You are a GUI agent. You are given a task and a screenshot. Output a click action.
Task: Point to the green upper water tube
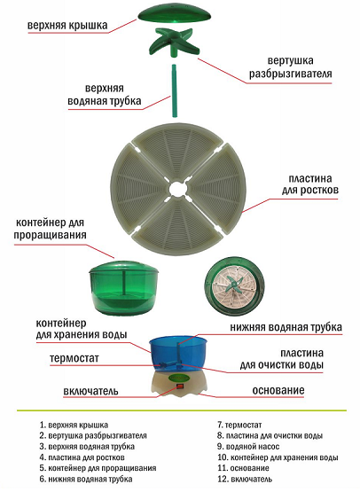[174, 90]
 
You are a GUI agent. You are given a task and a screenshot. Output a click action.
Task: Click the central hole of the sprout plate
[178, 189]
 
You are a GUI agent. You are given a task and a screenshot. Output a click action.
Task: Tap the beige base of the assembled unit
[178, 386]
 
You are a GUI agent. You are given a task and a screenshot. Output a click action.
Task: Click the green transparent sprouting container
[123, 288]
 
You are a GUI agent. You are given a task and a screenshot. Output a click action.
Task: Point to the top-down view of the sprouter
[234, 285]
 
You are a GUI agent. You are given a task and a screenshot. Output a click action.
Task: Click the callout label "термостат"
[74, 358]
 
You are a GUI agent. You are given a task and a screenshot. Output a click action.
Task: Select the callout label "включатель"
[90, 391]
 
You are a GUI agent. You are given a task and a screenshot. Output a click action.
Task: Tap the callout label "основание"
[278, 390]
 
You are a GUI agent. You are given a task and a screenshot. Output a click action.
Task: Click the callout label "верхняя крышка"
[67, 26]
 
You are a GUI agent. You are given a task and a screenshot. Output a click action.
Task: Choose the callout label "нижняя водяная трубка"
[286, 327]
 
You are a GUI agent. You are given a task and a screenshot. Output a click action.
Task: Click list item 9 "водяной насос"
[248, 446]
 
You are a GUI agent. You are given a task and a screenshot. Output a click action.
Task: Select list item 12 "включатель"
[245, 479]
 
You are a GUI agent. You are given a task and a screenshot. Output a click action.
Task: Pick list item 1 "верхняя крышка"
[74, 426]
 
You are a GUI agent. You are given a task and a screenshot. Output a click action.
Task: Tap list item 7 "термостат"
[239, 426]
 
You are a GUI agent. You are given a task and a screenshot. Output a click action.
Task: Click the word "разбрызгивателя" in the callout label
[290, 74]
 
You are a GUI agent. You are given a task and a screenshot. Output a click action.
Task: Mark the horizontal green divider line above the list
[182, 410]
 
